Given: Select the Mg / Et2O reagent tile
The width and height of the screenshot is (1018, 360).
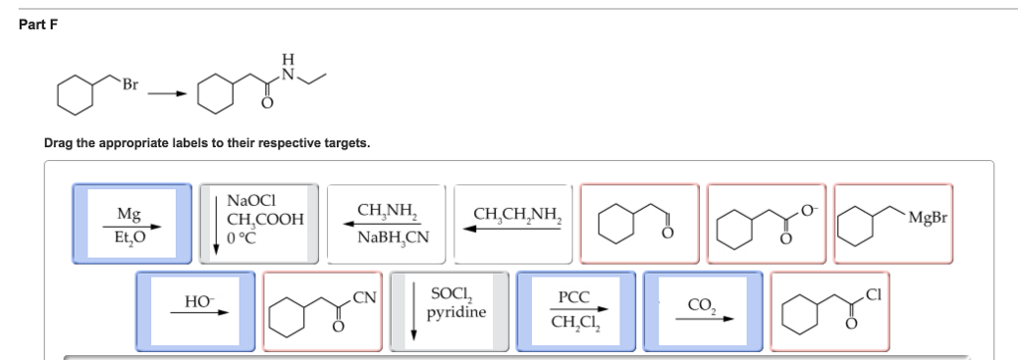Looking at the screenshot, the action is pos(131,224).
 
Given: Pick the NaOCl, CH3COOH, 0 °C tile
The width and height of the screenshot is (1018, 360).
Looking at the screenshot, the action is pos(258,224).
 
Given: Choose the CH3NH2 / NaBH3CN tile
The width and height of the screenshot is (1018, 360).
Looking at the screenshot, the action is pos(387,224).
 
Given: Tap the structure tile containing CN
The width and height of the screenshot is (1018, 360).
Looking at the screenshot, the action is pos(322,310).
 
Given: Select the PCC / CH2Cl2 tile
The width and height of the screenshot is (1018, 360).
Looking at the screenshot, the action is pos(577,310).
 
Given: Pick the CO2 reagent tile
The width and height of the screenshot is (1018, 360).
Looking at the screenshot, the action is pos(703,310).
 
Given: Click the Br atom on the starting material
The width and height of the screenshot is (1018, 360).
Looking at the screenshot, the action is pos(131,84).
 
